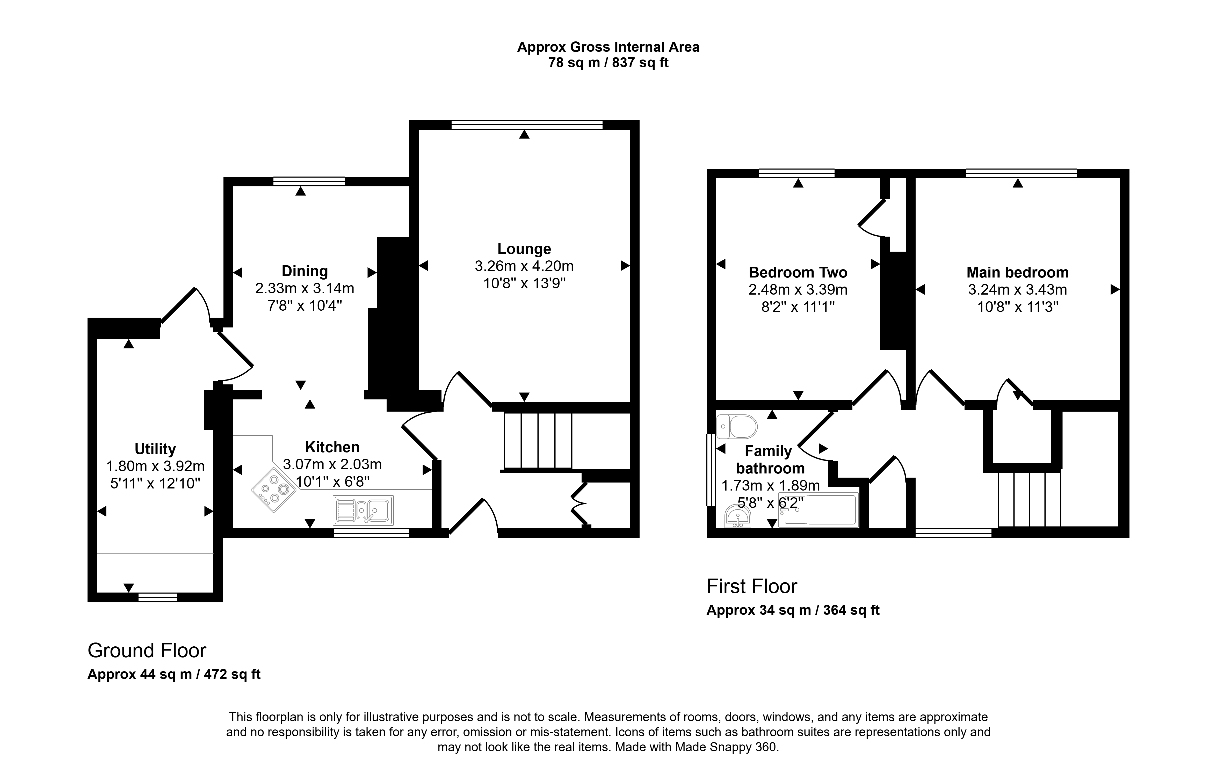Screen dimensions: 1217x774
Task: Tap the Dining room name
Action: (305, 271)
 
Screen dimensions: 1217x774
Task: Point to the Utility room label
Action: (155, 449)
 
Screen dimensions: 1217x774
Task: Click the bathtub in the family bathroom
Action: (818, 510)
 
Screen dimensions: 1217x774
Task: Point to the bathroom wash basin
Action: (738, 516)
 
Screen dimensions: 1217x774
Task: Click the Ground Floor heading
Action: (147, 651)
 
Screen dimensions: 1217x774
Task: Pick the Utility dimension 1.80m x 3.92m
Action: (155, 466)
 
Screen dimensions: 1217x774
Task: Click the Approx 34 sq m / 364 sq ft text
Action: (793, 610)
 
